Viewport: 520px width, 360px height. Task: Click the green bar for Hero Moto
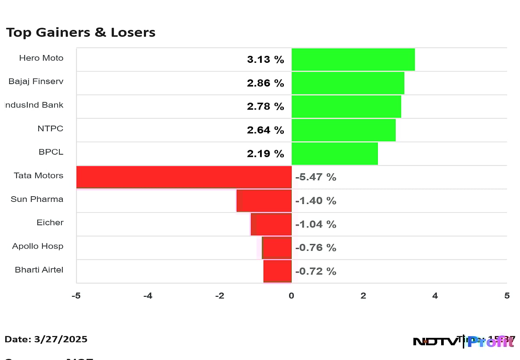[353, 59]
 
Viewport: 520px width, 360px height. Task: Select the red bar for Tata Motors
[184, 177]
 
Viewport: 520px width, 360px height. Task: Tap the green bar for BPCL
[334, 153]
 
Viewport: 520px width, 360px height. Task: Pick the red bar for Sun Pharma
[264, 201]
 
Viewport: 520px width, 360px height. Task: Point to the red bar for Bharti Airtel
[277, 271]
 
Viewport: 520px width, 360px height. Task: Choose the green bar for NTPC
[343, 130]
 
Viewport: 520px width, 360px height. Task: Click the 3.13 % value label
[265, 60]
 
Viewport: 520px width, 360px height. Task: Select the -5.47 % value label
[315, 177]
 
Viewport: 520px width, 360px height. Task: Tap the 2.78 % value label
[265, 107]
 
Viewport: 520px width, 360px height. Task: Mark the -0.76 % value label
[315, 248]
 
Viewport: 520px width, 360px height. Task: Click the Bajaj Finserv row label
[36, 81]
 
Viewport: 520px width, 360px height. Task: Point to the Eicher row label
[50, 223]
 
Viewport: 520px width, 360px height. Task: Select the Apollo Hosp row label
[38, 246]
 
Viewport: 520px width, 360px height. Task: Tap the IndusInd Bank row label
[34, 105]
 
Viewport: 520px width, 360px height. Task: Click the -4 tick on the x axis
[148, 296]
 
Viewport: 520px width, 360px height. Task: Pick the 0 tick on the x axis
[291, 296]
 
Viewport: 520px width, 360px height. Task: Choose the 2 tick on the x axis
[363, 296]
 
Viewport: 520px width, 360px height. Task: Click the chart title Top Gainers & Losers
[81, 32]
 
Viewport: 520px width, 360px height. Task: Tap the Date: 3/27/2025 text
[46, 339]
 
